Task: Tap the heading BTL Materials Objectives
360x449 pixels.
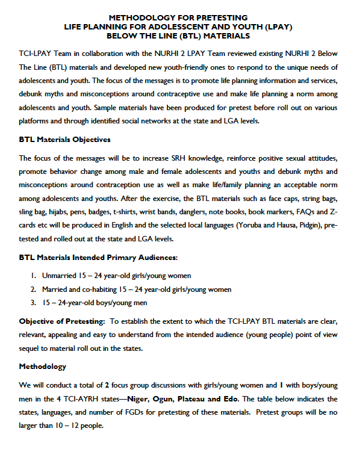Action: click(64, 140)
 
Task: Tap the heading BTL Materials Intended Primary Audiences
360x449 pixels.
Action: click(99, 258)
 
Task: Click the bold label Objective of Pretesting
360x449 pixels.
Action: click(63, 320)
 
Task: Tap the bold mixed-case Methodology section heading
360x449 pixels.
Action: click(43, 366)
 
